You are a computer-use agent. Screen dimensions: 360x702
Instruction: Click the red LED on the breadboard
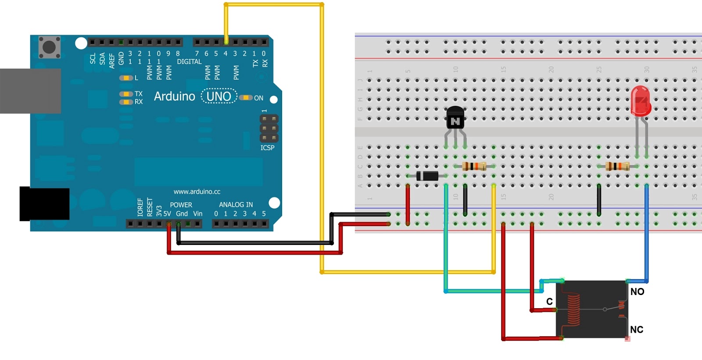coord(641,100)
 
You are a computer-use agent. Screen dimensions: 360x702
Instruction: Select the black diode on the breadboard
coord(427,176)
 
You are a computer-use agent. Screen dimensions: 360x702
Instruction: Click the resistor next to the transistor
coord(474,166)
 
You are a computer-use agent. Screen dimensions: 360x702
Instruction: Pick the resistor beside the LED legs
coord(617,166)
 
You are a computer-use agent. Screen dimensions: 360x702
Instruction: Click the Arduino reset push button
coord(49,47)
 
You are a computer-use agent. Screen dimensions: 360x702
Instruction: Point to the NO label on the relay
coord(637,292)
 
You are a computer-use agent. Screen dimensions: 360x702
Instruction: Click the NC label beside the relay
coord(637,329)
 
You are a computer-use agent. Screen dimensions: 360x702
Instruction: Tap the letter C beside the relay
coord(549,301)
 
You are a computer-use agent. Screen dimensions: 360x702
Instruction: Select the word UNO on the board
coord(218,96)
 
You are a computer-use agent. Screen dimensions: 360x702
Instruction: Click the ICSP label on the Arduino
coord(267,148)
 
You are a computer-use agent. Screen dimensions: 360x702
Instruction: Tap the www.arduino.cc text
coord(197,191)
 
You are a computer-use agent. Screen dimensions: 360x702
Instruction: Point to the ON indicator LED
coord(246,97)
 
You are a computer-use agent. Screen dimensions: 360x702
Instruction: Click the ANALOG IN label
coord(236,205)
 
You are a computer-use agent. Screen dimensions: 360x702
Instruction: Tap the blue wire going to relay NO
coord(646,233)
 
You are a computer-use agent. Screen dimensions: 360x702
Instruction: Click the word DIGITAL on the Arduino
coord(189,62)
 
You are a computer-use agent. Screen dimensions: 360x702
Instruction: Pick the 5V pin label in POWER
coord(167,214)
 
